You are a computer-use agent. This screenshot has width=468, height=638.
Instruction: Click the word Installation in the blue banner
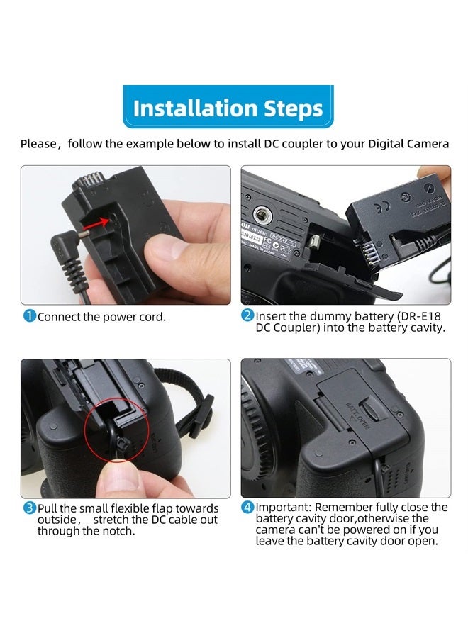click(195, 108)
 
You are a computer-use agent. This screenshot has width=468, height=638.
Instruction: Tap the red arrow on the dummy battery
click(99, 222)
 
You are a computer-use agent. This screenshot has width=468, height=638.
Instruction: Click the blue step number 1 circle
click(30, 316)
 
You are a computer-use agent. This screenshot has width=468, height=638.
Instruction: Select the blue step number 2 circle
click(248, 315)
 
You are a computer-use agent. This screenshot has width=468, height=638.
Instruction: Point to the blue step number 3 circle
click(30, 508)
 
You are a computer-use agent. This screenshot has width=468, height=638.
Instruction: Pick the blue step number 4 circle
click(248, 507)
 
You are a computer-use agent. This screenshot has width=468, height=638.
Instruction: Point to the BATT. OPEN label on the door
click(357, 415)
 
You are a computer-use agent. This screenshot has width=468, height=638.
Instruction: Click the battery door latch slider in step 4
click(373, 408)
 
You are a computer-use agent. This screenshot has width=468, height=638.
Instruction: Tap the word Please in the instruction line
click(39, 144)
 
